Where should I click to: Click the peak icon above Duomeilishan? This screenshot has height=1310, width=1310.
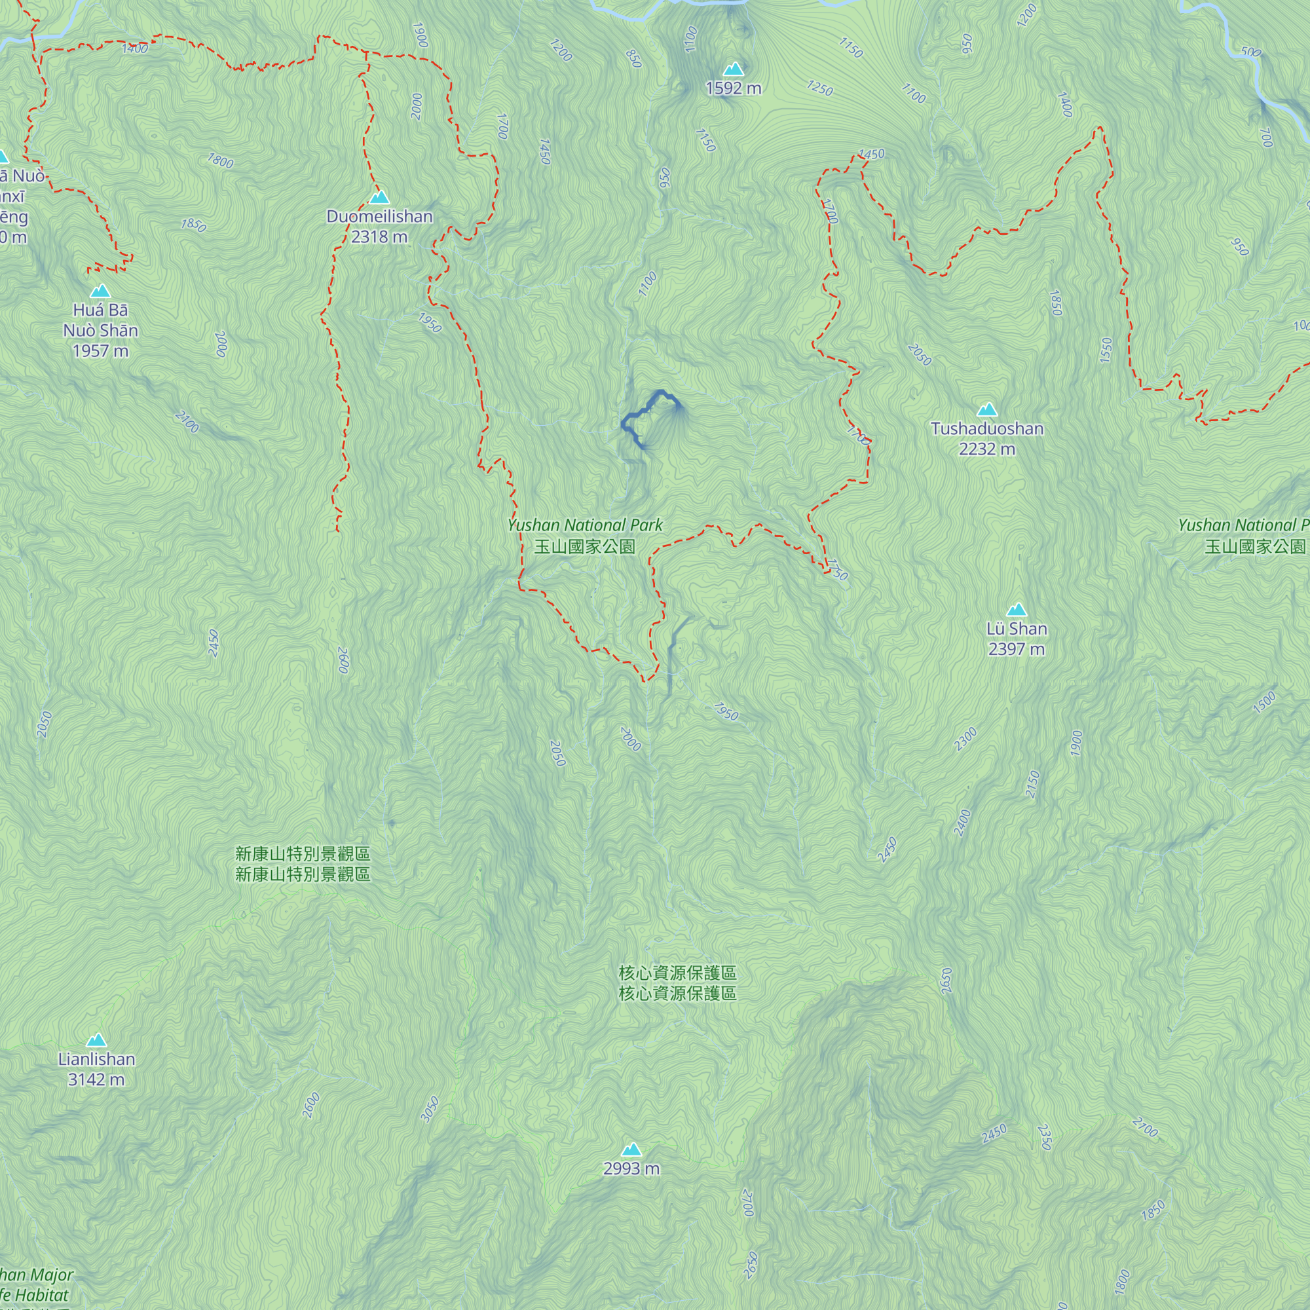[x=379, y=197]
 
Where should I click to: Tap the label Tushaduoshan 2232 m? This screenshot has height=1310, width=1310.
[x=986, y=438]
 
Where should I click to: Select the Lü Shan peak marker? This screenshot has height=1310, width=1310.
[x=1016, y=609]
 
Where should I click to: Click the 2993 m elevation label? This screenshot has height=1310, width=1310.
[x=631, y=1169]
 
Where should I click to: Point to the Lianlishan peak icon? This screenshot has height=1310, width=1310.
[x=96, y=1040]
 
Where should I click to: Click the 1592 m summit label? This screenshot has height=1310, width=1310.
[x=733, y=88]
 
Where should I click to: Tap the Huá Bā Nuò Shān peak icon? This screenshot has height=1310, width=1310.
[x=100, y=291]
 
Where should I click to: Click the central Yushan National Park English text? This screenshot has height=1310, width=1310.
[x=584, y=525]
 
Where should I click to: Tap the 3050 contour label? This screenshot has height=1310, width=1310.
[x=430, y=1110]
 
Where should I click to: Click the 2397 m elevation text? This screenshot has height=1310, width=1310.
[x=1016, y=649]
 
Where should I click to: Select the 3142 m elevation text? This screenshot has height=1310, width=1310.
[x=96, y=1079]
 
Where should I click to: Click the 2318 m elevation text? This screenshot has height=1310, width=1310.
[x=379, y=236]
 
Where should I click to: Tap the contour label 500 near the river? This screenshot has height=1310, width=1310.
[x=1250, y=52]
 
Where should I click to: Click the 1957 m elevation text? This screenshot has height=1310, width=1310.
[x=100, y=350]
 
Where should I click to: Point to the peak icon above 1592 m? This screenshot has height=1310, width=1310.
[x=733, y=69]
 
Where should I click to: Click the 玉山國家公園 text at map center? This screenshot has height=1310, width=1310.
[x=584, y=546]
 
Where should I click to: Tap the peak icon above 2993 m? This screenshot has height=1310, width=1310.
[x=631, y=1150]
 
